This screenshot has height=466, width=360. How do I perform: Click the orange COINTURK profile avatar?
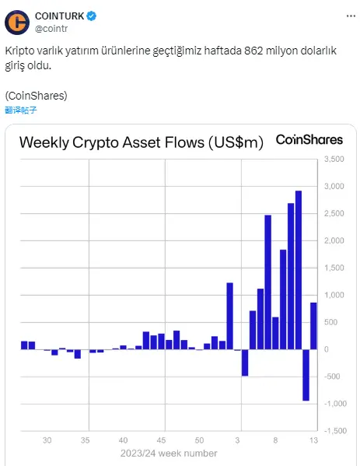click(x=18, y=23)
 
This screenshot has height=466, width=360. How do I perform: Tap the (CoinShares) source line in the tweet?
click(x=36, y=95)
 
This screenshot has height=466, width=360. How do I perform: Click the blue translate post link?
click(x=22, y=110)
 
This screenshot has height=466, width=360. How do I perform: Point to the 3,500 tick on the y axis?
click(x=332, y=159)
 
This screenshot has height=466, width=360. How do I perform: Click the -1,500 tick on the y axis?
click(x=332, y=430)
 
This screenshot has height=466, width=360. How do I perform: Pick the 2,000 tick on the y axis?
click(x=332, y=240)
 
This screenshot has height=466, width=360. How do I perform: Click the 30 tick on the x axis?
click(x=47, y=440)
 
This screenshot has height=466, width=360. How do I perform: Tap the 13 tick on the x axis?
click(x=313, y=440)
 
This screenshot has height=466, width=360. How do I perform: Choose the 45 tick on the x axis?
click(x=161, y=440)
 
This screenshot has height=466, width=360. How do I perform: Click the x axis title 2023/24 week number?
click(x=169, y=453)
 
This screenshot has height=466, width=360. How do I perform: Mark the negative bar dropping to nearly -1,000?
click(x=306, y=375)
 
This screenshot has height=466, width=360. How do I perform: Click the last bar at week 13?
click(x=313, y=326)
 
